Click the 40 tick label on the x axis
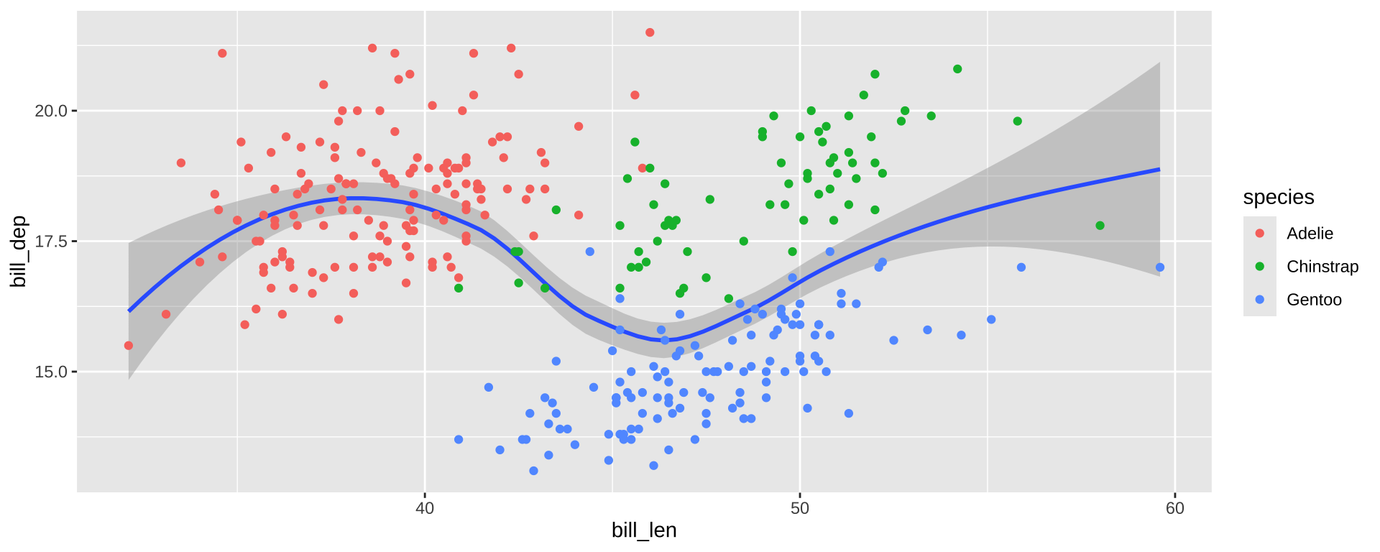pyautogui.click(x=425, y=508)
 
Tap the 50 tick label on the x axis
pyautogui.click(x=799, y=508)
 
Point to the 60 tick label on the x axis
pyautogui.click(x=1174, y=508)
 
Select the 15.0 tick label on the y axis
pyautogui.click(x=50, y=372)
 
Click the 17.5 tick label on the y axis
pyautogui.click(x=50, y=241)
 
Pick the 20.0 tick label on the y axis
pyautogui.click(x=50, y=111)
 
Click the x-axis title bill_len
pyautogui.click(x=644, y=530)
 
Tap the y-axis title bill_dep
pyautogui.click(x=19, y=251)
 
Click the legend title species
pyautogui.click(x=1279, y=197)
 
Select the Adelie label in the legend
pyautogui.click(x=1310, y=234)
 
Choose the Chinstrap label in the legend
pyautogui.click(x=1322, y=267)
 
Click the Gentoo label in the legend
pyautogui.click(x=1314, y=300)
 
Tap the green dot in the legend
pyautogui.click(x=1259, y=267)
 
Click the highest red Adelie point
pyautogui.click(x=650, y=32)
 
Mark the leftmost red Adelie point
pyautogui.click(x=129, y=346)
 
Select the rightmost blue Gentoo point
pyautogui.click(x=1159, y=267)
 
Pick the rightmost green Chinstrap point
pyautogui.click(x=1100, y=226)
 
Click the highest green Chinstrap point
pyautogui.click(x=957, y=69)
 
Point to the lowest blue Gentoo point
pyautogui.click(x=533, y=471)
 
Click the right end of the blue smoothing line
pyautogui.click(x=1159, y=169)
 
